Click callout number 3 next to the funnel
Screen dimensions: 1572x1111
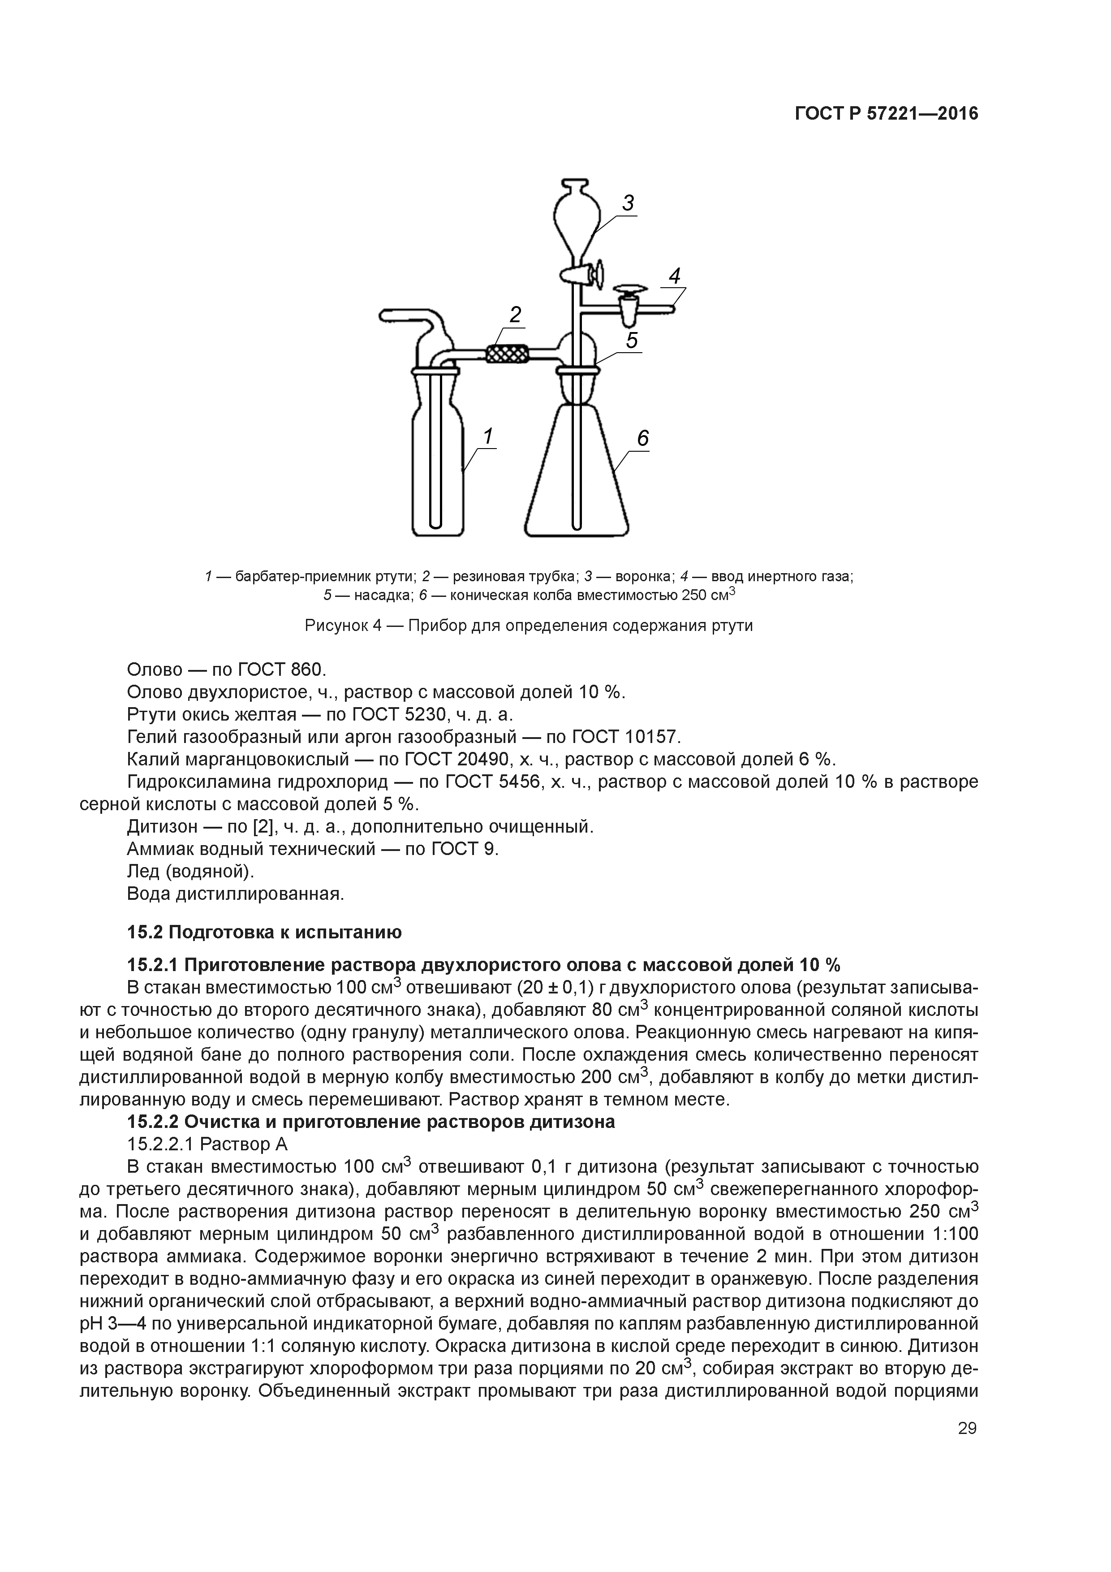627,203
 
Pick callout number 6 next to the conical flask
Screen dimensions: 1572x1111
642,438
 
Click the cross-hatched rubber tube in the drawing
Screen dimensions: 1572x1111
507,354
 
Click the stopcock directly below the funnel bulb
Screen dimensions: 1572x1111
579,274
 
